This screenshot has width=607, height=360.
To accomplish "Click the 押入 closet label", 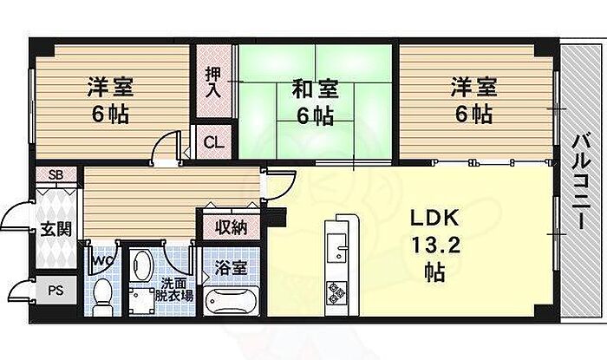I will (212, 82).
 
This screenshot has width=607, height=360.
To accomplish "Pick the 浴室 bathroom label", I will (232, 268).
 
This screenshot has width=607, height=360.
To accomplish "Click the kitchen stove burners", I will (336, 293).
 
